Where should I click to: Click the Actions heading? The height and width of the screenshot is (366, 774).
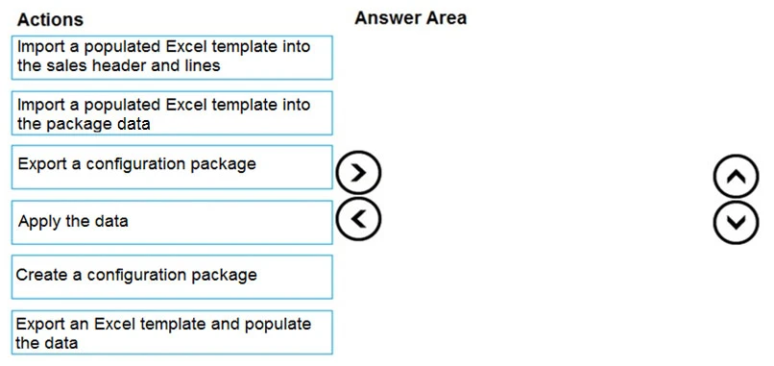coord(50,19)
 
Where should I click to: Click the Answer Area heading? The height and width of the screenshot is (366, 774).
coord(410,18)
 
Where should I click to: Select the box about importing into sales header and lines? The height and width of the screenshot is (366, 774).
coord(173,57)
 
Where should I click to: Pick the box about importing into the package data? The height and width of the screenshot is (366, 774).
coord(173,113)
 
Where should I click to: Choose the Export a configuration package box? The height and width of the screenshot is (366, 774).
coord(173,166)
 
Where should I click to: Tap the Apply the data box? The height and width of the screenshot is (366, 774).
coord(173,222)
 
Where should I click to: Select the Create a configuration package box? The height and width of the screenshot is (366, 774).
coord(173,276)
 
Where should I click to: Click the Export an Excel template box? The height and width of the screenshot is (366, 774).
coord(173,332)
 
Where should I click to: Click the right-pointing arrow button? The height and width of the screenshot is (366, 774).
coord(359,173)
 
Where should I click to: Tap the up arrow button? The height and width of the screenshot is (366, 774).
coord(736,176)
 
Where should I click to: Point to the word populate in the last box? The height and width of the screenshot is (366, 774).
coord(279,324)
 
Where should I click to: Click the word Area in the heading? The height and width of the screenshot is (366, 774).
coord(447,18)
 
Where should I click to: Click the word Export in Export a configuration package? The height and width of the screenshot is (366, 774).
coord(42,163)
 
